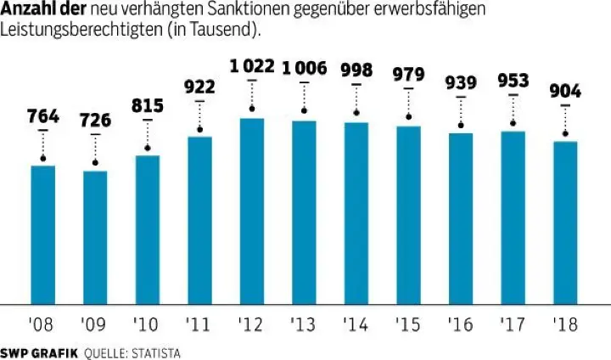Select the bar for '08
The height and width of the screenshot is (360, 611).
tap(43, 233)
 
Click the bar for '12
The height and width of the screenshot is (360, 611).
tap(252, 210)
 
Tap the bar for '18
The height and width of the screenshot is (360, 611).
tap(565, 222)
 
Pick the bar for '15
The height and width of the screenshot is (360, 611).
tap(409, 214)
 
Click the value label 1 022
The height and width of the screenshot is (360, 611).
tap(252, 67)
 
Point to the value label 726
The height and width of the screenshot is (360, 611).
tap(95, 121)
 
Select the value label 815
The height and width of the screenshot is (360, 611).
tap(148, 107)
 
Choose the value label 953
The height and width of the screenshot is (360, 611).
tap(513, 82)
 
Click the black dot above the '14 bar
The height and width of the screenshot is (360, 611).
tap(356, 113)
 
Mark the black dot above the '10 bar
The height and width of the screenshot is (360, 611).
tap(148, 149)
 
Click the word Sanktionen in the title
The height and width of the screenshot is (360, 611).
tap(248, 10)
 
